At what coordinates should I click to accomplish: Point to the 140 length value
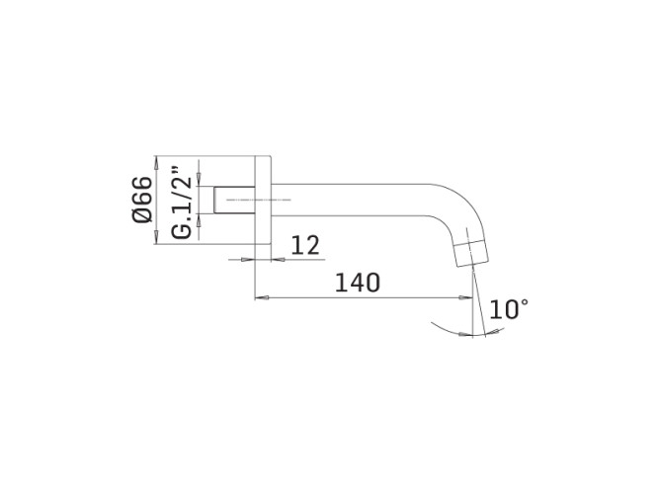[358, 283]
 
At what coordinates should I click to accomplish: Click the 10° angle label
[508, 309]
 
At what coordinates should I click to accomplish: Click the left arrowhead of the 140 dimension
[260, 296]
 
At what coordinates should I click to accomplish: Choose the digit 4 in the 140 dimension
[358, 283]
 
